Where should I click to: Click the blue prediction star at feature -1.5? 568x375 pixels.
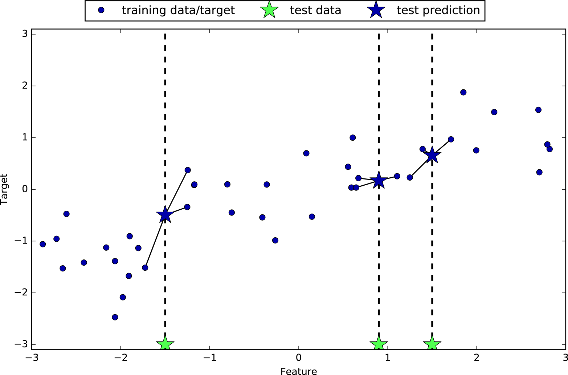coord(165,215)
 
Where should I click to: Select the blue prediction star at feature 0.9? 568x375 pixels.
coord(379,180)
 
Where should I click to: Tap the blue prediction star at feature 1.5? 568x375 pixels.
coord(432,156)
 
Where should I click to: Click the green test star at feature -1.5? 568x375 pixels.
coord(165,344)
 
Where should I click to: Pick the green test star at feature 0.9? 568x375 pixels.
coord(379,344)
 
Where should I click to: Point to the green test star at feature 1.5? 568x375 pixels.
coord(432,344)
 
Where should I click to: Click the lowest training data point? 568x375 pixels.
coord(115,317)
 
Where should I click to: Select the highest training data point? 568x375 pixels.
coord(463,92)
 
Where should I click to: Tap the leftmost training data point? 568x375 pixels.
coord(43,244)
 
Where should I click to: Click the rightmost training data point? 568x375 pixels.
coord(549,149)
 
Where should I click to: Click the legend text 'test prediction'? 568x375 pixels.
coord(438,10)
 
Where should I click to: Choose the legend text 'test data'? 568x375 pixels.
coord(315,10)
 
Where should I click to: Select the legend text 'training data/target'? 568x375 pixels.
coord(178,10)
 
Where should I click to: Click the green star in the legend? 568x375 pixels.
coord(269,10)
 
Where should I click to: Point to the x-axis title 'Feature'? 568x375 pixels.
coord(298,371)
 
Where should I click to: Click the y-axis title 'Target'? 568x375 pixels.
coord(4,189)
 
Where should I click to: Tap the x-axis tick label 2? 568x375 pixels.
coord(477,358)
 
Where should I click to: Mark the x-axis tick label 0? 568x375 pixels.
coord(299,358)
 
